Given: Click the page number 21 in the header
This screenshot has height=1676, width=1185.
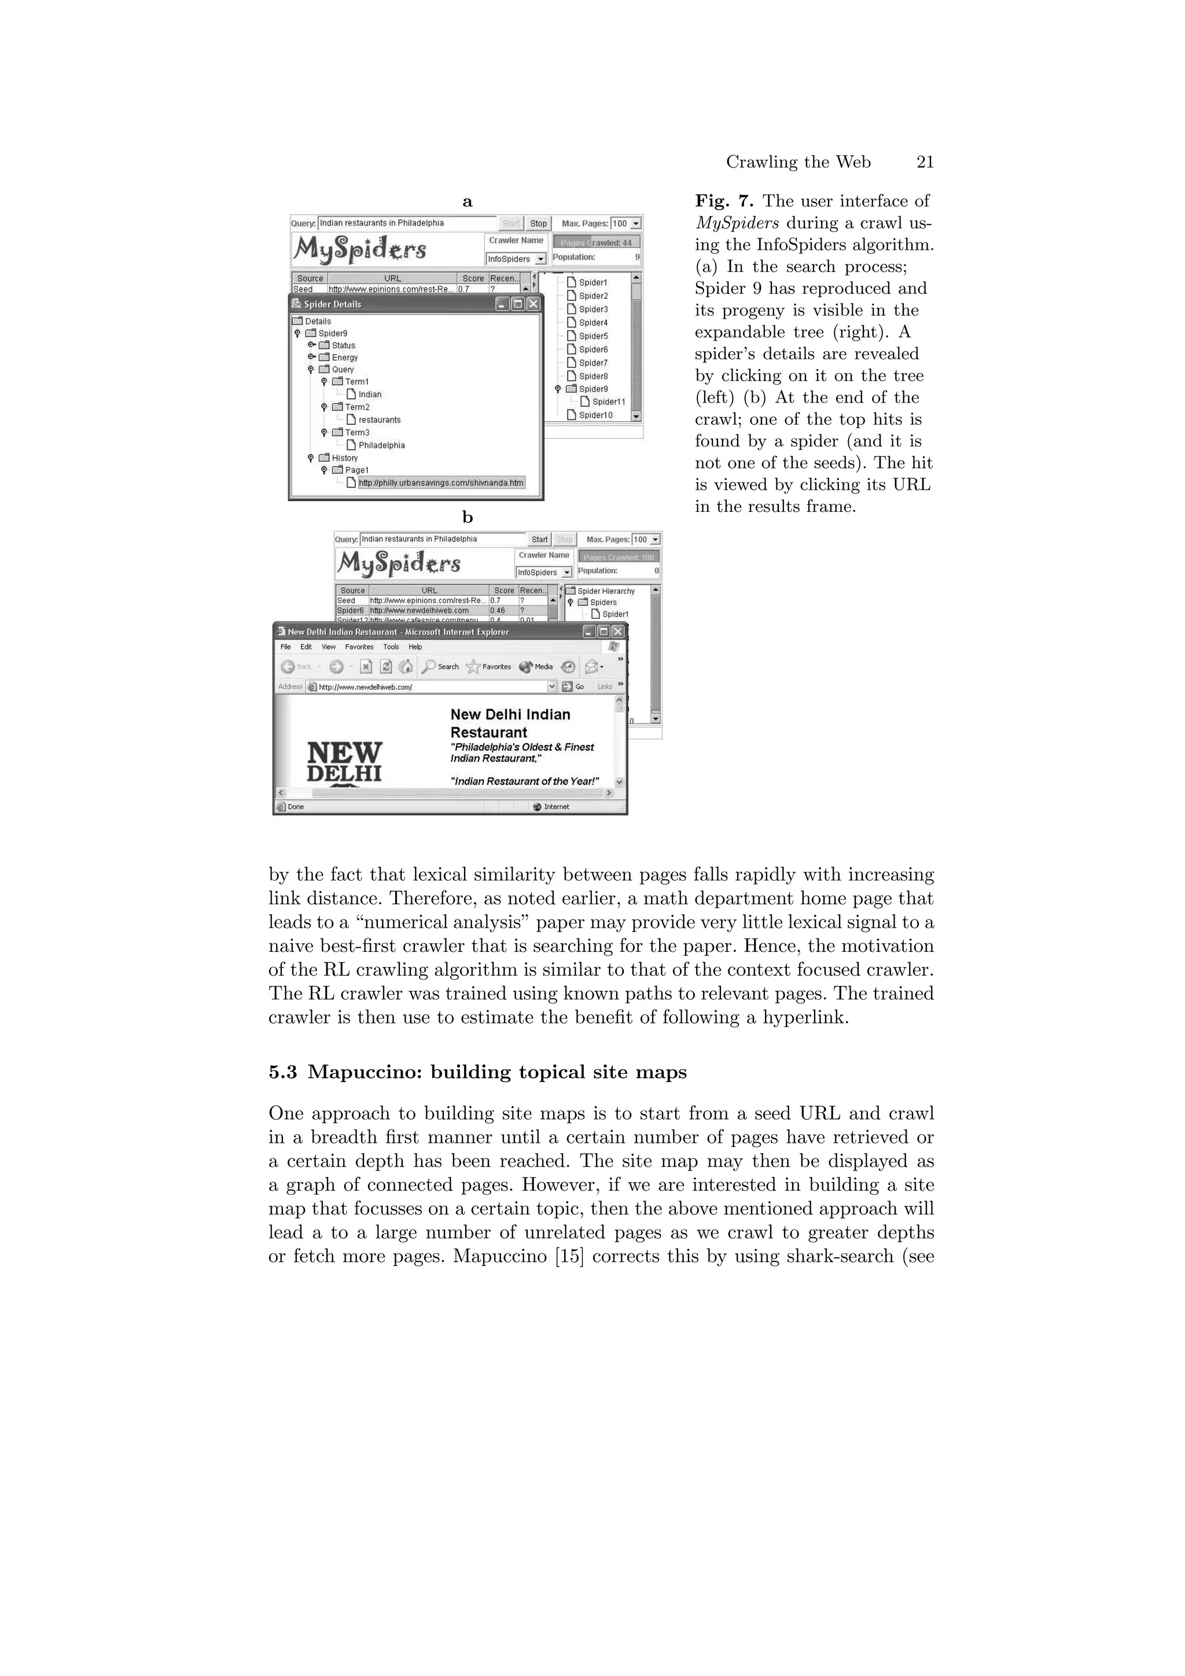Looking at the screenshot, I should click(x=925, y=162).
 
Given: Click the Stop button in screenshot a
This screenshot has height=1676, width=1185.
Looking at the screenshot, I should click(x=538, y=223).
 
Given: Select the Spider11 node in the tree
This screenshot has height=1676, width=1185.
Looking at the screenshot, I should click(x=608, y=402).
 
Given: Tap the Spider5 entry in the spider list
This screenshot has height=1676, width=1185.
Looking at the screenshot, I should click(x=593, y=337).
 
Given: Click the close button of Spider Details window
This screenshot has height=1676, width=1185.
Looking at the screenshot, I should click(x=533, y=304).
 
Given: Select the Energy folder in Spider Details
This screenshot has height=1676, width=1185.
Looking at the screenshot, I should click(x=344, y=357).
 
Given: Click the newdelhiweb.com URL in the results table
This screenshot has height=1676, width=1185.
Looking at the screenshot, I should click(x=419, y=610).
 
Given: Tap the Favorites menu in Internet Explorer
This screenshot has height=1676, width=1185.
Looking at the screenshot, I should click(x=359, y=647).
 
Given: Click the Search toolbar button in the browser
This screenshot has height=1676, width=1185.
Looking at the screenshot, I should click(x=441, y=666).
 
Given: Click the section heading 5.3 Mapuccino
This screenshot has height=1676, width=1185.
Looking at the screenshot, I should click(x=477, y=1072).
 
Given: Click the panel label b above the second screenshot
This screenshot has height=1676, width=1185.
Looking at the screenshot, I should click(x=468, y=518).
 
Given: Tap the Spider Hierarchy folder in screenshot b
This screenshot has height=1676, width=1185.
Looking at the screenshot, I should click(x=605, y=591).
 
